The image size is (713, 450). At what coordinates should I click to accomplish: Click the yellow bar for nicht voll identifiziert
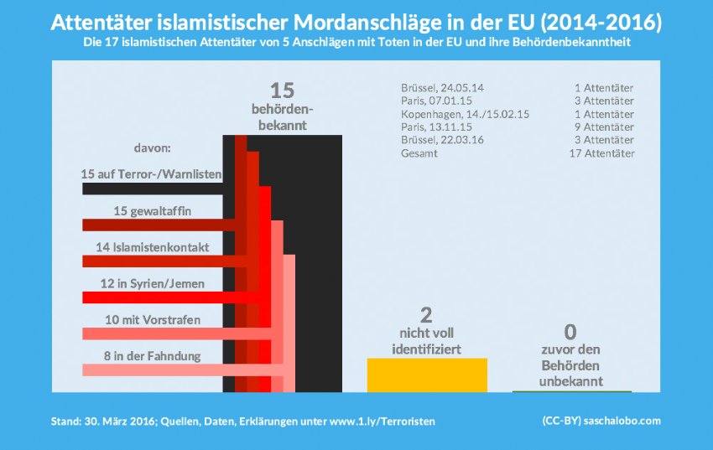[427, 375]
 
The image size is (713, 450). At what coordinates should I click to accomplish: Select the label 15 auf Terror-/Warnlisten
[151, 174]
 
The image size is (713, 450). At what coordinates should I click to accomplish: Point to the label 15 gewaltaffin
[151, 211]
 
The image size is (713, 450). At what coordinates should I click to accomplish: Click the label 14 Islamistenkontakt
[153, 247]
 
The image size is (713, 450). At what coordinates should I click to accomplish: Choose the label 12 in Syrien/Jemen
[151, 284]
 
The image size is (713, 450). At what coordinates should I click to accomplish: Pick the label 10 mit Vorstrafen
[151, 320]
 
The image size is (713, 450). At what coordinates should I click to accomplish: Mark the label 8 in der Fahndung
[151, 356]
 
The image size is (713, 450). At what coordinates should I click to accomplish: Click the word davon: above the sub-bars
[152, 147]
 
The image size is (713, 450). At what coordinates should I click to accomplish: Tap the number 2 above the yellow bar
[426, 315]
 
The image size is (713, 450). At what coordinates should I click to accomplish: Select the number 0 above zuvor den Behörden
[571, 332]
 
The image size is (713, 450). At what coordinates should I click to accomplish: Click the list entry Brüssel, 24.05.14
[444, 87]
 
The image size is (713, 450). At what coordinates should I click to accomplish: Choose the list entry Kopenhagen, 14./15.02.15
[466, 114]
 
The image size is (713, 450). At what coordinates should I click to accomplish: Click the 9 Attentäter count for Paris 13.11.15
[599, 127]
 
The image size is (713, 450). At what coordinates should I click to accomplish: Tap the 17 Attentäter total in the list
[601, 154]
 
